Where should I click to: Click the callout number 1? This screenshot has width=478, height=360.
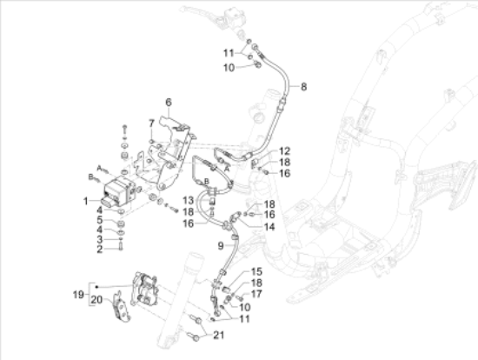click(x=86, y=201)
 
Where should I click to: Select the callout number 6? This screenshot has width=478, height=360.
click(x=169, y=103)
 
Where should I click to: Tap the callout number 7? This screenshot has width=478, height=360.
click(x=151, y=123)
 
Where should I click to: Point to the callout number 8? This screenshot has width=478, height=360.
click(x=303, y=87)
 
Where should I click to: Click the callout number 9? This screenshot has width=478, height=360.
click(x=221, y=245)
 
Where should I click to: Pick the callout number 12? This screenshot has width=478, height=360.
click(x=284, y=151)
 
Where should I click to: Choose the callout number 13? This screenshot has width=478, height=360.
click(x=189, y=201)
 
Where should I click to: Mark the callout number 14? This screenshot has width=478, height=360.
click(x=269, y=227)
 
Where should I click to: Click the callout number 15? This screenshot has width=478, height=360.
click(x=256, y=271)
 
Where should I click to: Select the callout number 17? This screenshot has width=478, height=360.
click(x=256, y=294)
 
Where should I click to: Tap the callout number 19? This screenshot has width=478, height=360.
click(x=78, y=295)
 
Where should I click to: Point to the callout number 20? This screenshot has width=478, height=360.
click(x=97, y=300)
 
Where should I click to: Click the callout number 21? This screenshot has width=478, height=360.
click(x=218, y=335)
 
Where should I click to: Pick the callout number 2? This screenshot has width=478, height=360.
click(x=100, y=250)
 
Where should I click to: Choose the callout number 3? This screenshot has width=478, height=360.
click(x=100, y=239)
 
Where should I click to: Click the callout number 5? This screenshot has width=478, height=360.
click(x=100, y=220)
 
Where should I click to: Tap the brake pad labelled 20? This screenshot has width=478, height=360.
click(x=122, y=307)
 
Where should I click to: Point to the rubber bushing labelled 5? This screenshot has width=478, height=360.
click(x=121, y=224)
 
